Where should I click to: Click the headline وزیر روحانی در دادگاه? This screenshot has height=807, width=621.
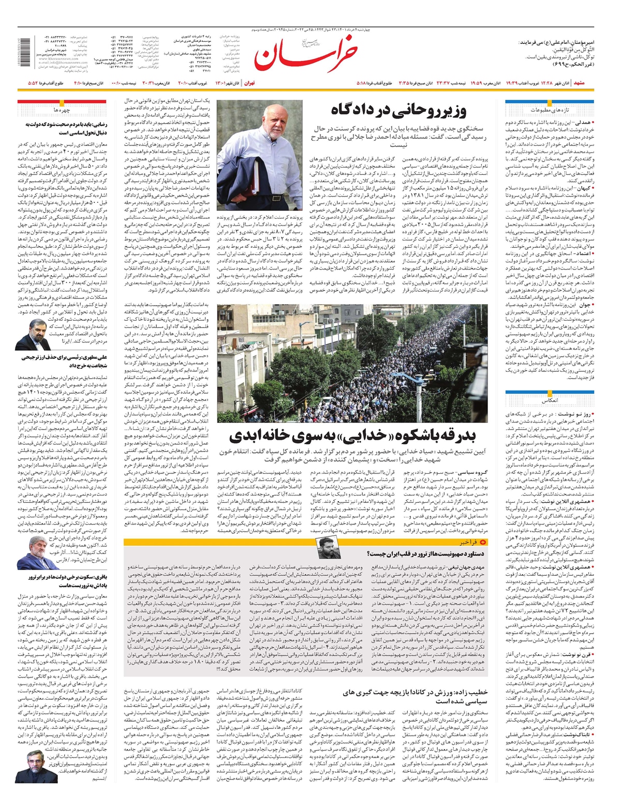[398, 110]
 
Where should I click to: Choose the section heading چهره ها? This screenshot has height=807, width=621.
[61, 110]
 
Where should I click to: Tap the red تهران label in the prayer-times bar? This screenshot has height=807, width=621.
[249, 83]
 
